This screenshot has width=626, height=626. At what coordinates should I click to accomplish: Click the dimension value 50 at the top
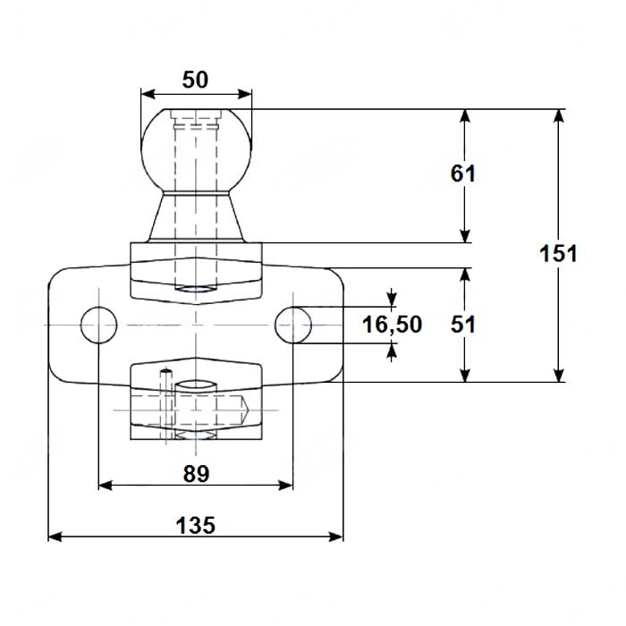(x=195, y=80)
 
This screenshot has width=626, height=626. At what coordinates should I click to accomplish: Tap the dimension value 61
(x=462, y=173)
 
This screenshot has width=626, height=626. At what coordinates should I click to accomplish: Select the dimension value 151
(x=559, y=253)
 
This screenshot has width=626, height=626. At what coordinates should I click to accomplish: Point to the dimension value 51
(x=462, y=325)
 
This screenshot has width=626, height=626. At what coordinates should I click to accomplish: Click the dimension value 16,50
(x=392, y=324)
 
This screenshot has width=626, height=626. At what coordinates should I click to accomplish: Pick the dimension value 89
(x=195, y=474)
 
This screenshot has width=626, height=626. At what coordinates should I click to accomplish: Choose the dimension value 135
(x=195, y=525)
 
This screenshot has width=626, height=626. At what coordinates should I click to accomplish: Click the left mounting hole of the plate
(x=97, y=325)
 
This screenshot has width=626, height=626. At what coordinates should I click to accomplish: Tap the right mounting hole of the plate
(x=293, y=324)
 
